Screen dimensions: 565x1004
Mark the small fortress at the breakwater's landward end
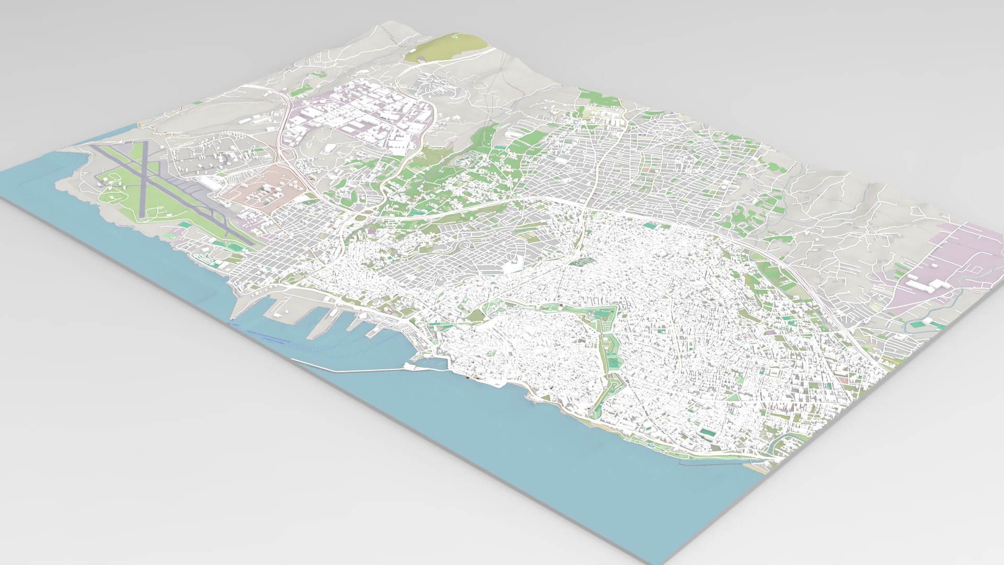coord(418,361)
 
